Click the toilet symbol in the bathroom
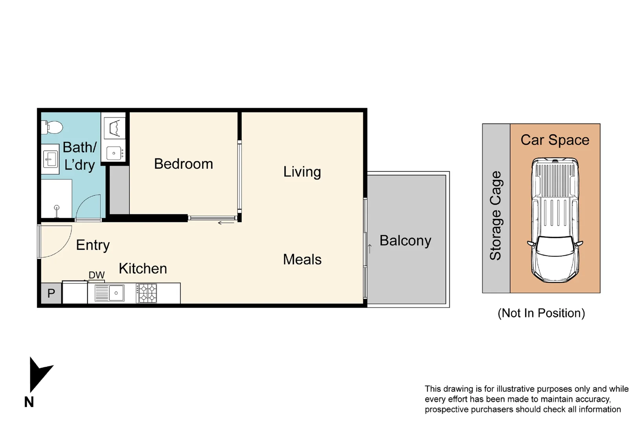(53, 127)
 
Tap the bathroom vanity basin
(50, 159)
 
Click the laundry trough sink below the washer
(114, 153)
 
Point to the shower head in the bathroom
(57, 208)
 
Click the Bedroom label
(183, 164)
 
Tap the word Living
(302, 172)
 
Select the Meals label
(302, 260)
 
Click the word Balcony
(405, 240)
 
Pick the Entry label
(93, 245)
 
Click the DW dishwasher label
(96, 275)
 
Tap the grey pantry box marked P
(51, 293)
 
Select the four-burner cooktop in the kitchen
(147, 293)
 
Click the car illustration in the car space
(555, 220)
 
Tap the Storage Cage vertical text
(495, 216)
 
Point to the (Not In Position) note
(541, 313)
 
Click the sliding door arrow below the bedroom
(226, 223)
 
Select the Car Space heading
(555, 140)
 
